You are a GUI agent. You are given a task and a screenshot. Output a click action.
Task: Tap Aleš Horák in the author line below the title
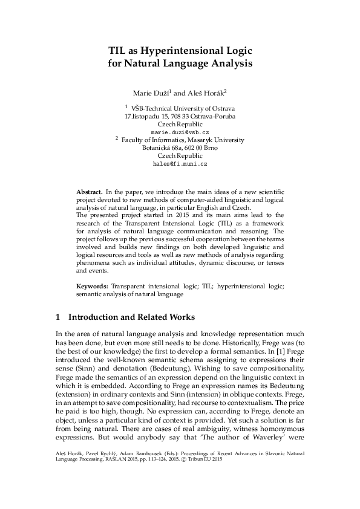pyautogui.click(x=206, y=93)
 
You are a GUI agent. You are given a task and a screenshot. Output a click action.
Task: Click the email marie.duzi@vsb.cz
pyautogui.click(x=180, y=131)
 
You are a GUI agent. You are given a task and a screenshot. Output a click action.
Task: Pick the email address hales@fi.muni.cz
pyautogui.click(x=180, y=164)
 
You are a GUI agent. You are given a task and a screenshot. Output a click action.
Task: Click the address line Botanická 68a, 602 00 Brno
pyautogui.click(x=180, y=148)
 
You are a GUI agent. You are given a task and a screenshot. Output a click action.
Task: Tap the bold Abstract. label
pyautogui.click(x=90, y=191)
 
